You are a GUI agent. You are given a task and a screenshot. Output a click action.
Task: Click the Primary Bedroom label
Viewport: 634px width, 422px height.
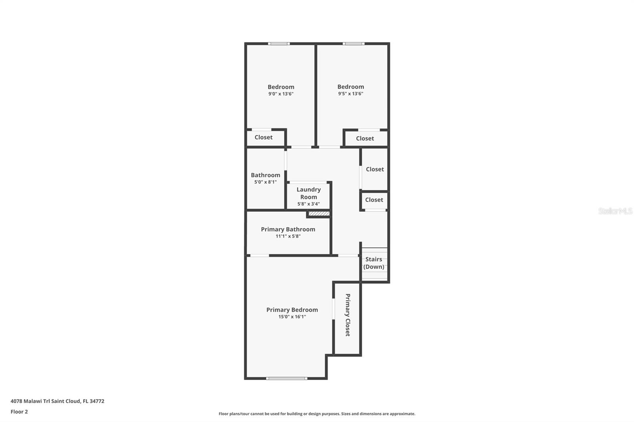[292, 310]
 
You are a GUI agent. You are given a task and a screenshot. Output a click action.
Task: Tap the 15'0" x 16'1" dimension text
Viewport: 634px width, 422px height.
[292, 317]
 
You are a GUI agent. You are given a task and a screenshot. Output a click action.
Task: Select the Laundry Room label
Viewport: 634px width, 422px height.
[309, 193]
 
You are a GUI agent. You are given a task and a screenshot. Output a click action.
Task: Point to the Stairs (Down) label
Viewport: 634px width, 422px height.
[374, 263]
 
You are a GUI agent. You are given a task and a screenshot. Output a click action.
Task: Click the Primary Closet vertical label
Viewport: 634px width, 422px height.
[348, 315]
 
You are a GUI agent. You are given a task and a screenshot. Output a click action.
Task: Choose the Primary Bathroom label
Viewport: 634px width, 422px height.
[288, 229]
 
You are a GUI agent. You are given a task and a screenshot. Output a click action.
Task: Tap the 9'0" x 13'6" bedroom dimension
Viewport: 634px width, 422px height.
[281, 94]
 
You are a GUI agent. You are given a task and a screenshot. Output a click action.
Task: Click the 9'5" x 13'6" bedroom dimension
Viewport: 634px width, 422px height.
[351, 94]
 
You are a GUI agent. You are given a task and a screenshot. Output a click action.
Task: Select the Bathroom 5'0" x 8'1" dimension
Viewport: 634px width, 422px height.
[265, 182]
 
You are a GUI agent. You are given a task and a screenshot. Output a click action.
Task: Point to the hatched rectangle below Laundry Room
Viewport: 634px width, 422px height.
[319, 214]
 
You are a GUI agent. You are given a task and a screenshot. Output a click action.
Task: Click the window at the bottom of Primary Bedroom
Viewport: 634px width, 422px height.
[286, 378]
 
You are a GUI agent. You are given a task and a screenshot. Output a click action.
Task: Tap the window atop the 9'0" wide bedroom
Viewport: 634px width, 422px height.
[279, 44]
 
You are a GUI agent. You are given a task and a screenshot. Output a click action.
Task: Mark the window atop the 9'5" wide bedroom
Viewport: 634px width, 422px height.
[353, 44]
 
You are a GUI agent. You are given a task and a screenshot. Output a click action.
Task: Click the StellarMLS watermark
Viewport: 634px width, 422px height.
[615, 211]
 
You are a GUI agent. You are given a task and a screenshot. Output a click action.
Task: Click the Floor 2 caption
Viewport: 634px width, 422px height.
[19, 412]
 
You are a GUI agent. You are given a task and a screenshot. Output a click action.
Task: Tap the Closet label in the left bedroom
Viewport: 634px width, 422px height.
[264, 137]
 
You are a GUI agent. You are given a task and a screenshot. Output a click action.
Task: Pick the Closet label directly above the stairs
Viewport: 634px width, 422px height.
[374, 200]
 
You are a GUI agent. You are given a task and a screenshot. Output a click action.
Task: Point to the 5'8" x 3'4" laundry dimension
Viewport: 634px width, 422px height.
[309, 204]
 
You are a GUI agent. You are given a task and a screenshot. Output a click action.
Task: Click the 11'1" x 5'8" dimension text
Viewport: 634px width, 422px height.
[288, 236]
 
